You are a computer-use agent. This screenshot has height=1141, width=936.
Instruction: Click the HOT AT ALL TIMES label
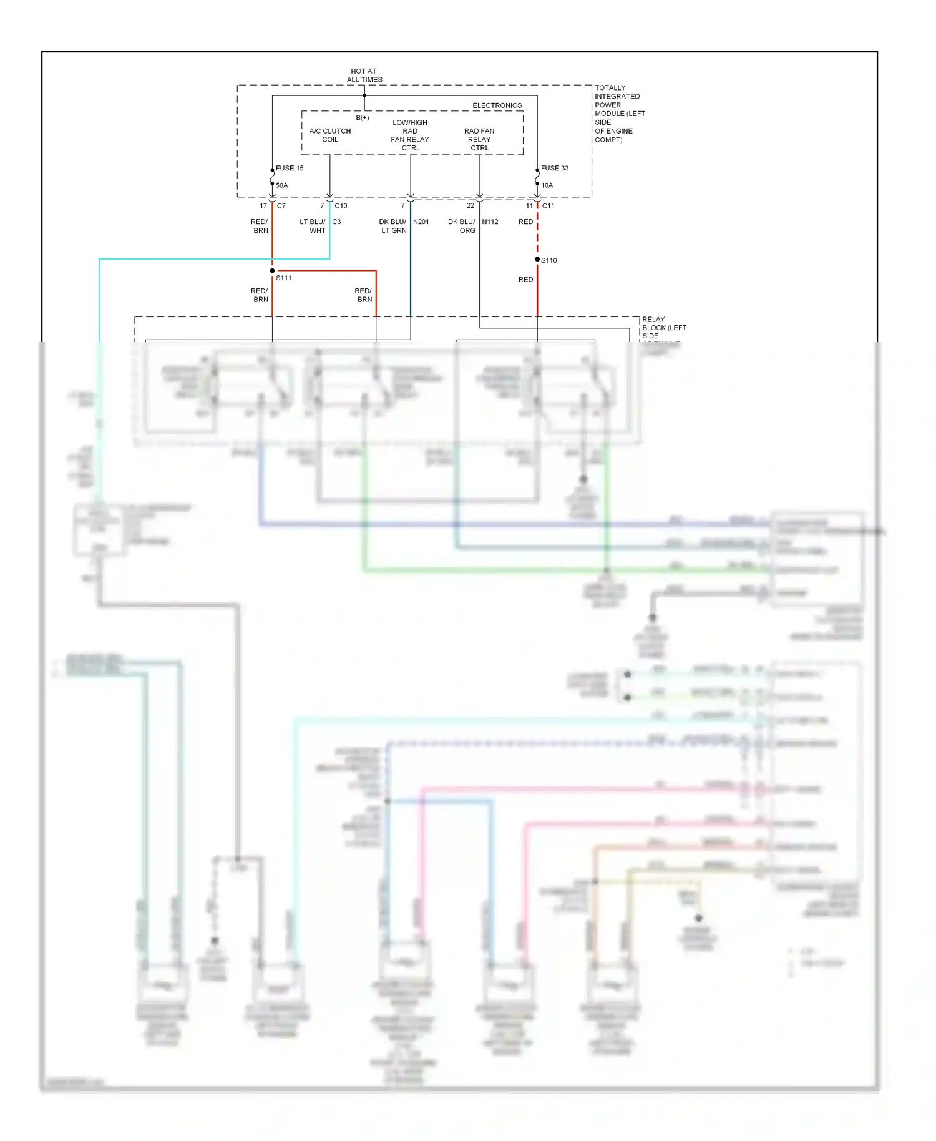pyautogui.click(x=364, y=76)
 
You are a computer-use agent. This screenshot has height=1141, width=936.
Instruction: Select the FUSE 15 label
pyautogui.click(x=290, y=168)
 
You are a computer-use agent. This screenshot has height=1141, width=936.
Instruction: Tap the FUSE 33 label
pyautogui.click(x=555, y=168)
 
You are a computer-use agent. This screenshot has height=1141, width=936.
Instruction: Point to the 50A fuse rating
pyautogui.click(x=282, y=185)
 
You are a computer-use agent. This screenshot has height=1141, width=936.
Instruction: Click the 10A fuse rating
pyautogui.click(x=547, y=185)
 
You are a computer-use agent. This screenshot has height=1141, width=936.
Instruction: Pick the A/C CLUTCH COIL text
pyautogui.click(x=330, y=135)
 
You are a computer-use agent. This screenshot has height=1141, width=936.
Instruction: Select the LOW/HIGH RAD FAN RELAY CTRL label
pyautogui.click(x=410, y=135)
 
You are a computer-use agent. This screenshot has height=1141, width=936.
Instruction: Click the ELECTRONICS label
pyautogui.click(x=497, y=105)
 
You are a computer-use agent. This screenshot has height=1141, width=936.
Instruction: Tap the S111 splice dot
pyautogui.click(x=272, y=271)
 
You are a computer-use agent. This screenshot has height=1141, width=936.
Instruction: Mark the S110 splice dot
pyautogui.click(x=537, y=259)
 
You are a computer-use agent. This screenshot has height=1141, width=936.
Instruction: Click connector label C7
pyautogui.click(x=281, y=206)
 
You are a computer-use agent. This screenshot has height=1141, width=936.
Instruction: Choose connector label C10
pyautogui.click(x=341, y=206)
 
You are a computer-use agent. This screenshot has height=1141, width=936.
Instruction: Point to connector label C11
pyautogui.click(x=548, y=206)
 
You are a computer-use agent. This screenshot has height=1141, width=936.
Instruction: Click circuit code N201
pyautogui.click(x=421, y=222)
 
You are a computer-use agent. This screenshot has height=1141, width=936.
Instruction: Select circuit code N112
pyautogui.click(x=490, y=222)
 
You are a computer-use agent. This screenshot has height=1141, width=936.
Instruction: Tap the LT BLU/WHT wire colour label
pyautogui.click(x=313, y=226)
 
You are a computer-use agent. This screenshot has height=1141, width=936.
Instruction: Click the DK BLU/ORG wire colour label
pyautogui.click(x=462, y=226)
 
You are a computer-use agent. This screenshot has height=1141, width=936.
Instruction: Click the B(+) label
pyautogui.click(x=363, y=118)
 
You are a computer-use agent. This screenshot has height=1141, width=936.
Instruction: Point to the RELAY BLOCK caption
pyautogui.click(x=663, y=328)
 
